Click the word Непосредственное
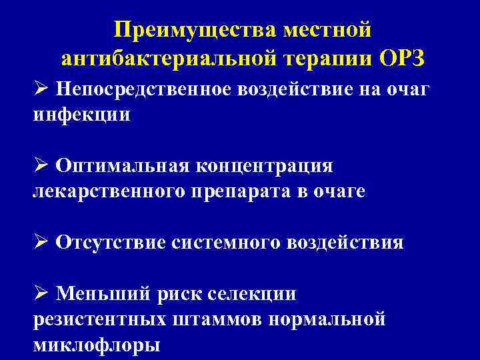coord(143,88)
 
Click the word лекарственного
coord(109,191)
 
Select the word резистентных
coord(99,319)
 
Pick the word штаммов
coord(217,319)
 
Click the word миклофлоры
coord(96,345)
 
